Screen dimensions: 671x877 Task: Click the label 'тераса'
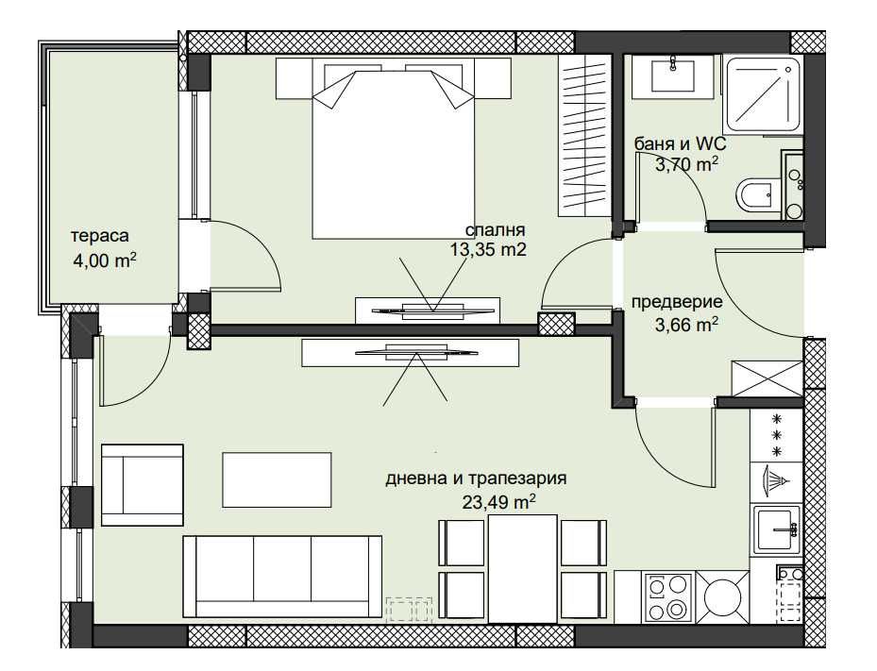(x=99, y=236)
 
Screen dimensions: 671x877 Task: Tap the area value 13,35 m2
(x=487, y=249)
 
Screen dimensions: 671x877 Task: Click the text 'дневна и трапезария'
(x=476, y=479)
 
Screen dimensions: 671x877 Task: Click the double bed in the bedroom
(x=393, y=151)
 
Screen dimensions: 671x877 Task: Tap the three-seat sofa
(x=283, y=576)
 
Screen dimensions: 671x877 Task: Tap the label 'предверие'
(x=677, y=302)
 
